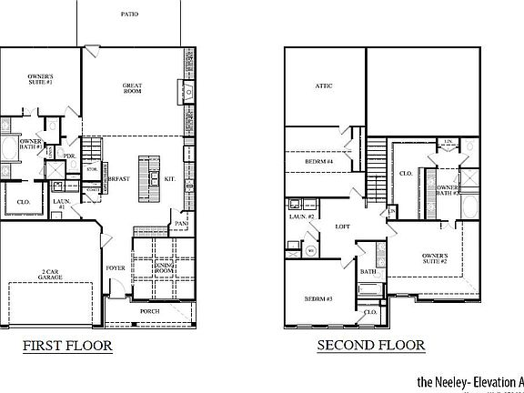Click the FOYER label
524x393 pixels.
pos(114,268)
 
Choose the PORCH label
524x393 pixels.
pos(149,310)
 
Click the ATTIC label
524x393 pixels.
pos(324,86)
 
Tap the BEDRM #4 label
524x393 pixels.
pos(318,162)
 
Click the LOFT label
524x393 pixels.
pos(342,226)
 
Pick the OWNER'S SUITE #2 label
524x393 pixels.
pos(435,259)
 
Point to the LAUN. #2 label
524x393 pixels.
pos(302,217)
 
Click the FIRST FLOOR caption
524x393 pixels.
pos(67,346)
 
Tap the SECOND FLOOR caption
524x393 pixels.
pos(370,346)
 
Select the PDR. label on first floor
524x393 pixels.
pos(69,156)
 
